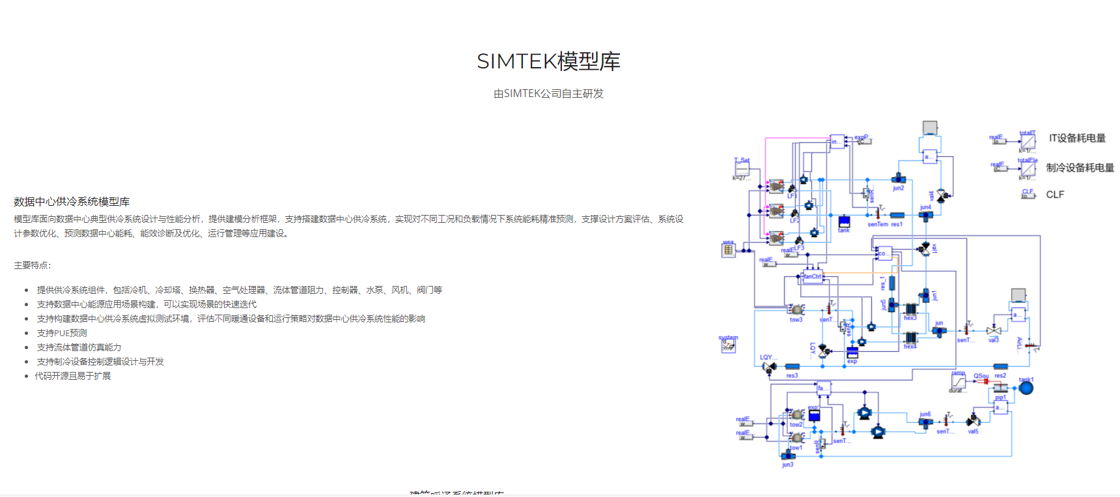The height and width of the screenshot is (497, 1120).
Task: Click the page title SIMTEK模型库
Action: (548, 61)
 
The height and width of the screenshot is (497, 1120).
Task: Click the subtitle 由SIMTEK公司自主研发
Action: (548, 94)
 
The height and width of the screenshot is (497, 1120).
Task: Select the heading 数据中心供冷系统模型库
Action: (72, 202)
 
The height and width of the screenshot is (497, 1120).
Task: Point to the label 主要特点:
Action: (33, 265)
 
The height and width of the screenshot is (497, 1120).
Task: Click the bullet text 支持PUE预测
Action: (62, 333)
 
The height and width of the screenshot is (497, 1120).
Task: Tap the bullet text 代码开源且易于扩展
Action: (73, 376)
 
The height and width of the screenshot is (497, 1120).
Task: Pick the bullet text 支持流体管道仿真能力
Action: (79, 347)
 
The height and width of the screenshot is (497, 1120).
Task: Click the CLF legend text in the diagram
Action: (1055, 195)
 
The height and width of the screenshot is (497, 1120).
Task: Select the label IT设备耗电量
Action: (1077, 138)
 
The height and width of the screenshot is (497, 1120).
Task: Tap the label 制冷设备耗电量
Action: (1080, 167)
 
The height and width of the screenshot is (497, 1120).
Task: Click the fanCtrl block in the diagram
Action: (812, 277)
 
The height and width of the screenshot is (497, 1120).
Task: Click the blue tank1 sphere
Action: (1026, 388)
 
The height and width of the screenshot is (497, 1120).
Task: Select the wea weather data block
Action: (728, 249)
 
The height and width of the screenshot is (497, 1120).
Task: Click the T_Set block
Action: (742, 169)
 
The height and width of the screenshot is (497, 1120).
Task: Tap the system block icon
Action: (728, 346)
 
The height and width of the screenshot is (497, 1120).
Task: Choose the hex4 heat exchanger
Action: (910, 338)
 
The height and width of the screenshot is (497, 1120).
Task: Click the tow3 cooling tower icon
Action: (796, 310)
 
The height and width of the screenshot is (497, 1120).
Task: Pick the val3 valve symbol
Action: (994, 331)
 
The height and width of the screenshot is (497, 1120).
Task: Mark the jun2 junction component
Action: (899, 179)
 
